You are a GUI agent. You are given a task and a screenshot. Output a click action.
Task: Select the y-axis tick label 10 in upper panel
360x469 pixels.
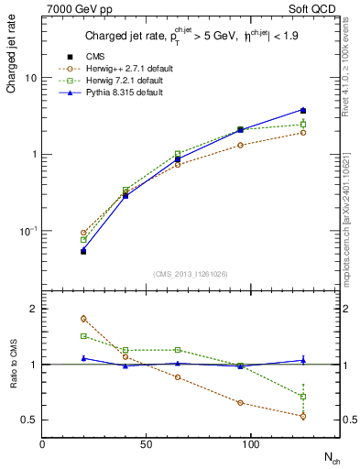point(30,78)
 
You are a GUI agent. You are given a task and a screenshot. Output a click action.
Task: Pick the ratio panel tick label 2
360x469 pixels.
point(34,309)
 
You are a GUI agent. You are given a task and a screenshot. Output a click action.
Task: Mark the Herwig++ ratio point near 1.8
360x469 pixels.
point(83,319)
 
